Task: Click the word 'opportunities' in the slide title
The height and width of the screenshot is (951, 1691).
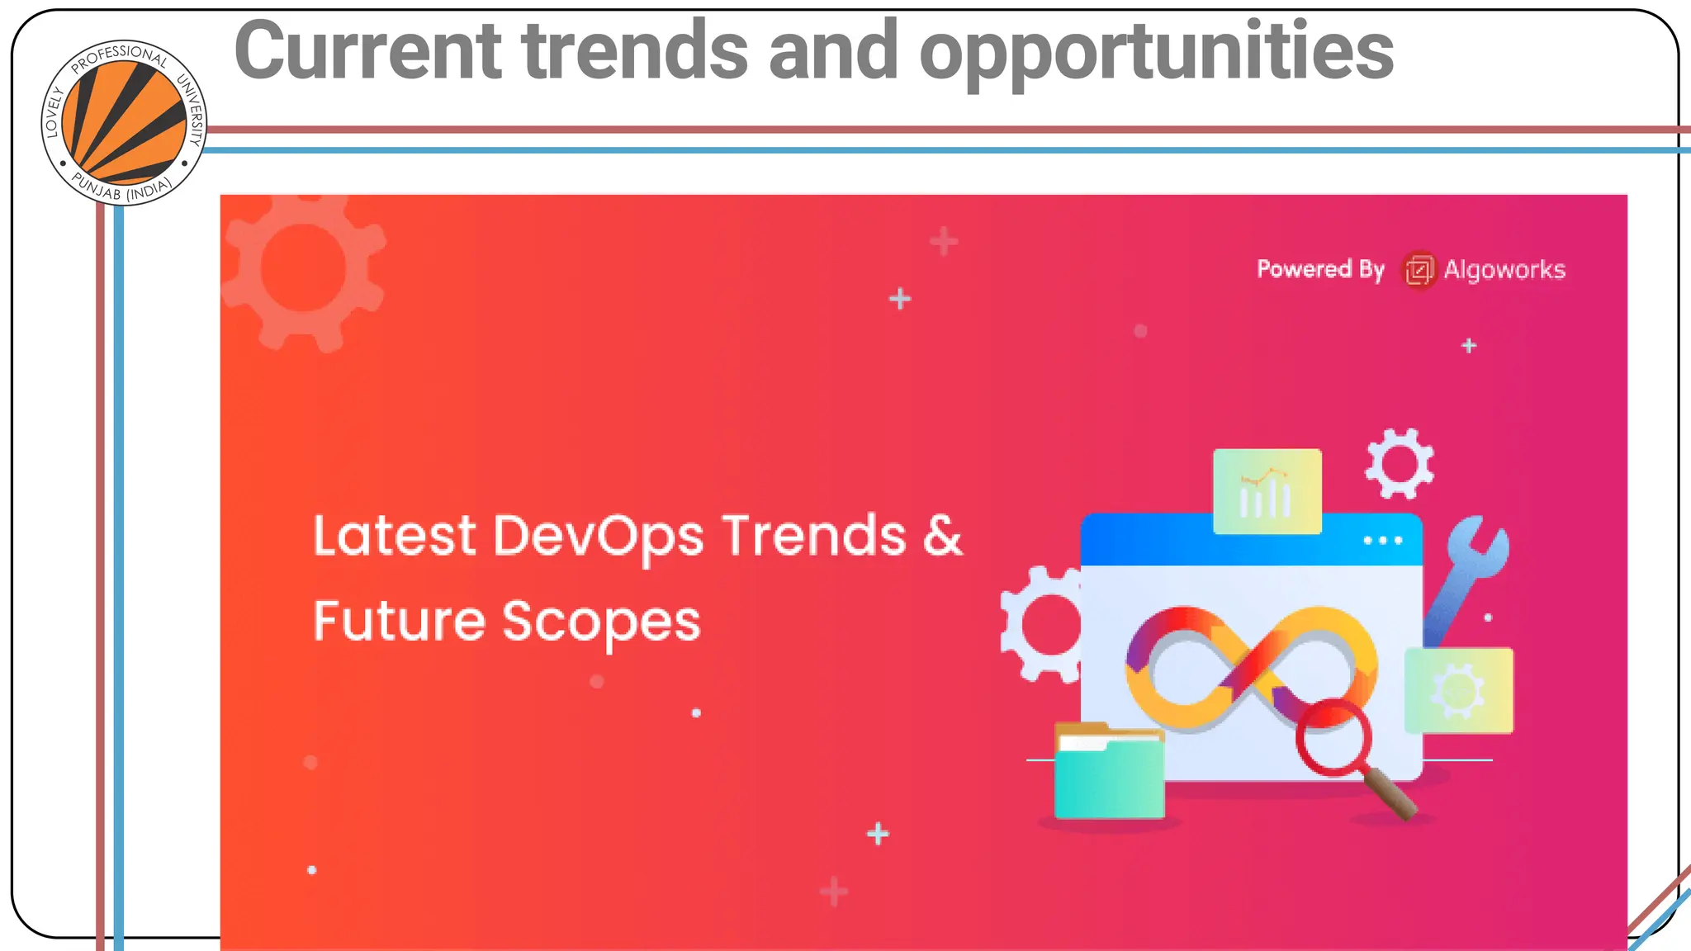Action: [1156, 51]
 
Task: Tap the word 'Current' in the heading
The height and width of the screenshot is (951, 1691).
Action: [367, 51]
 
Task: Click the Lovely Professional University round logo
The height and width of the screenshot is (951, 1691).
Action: [124, 123]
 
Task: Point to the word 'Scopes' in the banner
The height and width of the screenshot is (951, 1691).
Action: [601, 622]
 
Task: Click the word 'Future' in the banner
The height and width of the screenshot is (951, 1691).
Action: [399, 622]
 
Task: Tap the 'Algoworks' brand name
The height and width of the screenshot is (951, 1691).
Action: [1504, 270]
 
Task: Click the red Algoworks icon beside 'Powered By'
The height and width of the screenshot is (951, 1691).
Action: [1419, 270]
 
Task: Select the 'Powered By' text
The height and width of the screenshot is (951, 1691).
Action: [1319, 269]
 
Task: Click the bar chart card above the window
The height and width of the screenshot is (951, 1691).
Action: [1267, 492]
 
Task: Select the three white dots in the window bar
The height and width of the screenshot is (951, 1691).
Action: [1382, 541]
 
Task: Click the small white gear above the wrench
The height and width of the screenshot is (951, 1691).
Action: [1399, 464]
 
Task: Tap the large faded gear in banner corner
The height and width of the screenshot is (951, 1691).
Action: [303, 269]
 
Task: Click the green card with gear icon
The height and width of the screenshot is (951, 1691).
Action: [1458, 690]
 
